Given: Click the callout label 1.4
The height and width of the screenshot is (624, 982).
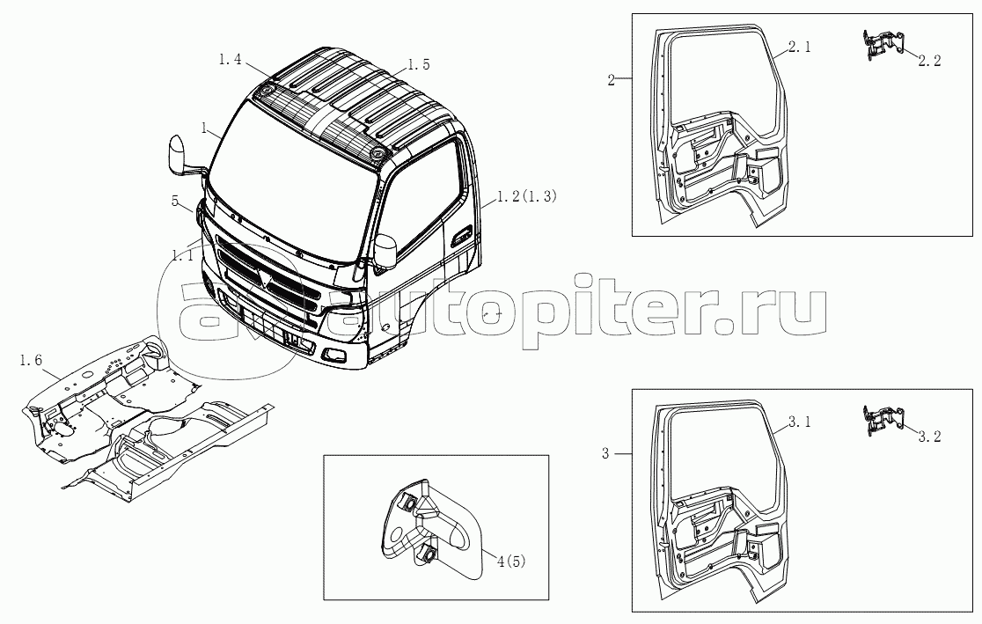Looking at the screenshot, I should click(x=230, y=60).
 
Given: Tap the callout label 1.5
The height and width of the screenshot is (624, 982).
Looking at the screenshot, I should click(x=418, y=64).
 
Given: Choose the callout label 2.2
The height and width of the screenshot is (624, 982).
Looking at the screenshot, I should click(x=929, y=61).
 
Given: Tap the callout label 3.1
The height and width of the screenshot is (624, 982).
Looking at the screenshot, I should click(x=799, y=423).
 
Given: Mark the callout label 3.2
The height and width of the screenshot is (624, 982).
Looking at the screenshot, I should click(x=929, y=436).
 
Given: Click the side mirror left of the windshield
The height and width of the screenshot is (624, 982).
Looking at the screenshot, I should click(x=178, y=155).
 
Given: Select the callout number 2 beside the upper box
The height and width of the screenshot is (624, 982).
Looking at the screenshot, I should click(x=611, y=80).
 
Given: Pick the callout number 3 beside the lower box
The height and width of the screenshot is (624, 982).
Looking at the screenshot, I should click(x=605, y=454).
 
